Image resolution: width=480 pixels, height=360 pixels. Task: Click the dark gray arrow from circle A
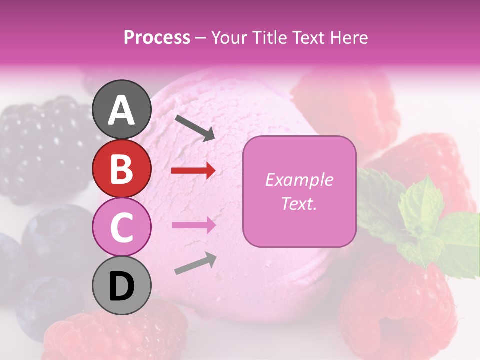(x=195, y=127)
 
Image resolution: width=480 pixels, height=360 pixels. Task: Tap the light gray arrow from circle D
(x=195, y=264)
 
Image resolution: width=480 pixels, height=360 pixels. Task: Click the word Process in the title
(x=157, y=37)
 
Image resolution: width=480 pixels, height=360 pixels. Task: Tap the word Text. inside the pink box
(x=299, y=203)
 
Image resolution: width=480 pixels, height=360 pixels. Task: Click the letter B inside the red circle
(x=122, y=168)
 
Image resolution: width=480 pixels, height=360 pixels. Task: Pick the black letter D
(x=122, y=286)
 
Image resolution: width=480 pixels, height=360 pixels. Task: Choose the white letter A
(x=122, y=110)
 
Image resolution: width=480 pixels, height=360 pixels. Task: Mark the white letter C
(x=122, y=227)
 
